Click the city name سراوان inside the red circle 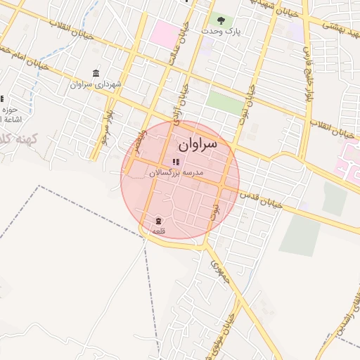point(198,145)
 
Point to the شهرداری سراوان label point(96,84)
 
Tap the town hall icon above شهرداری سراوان point(96,74)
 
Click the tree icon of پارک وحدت point(221,20)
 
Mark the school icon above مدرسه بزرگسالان point(175,162)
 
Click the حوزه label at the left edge point(9,110)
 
